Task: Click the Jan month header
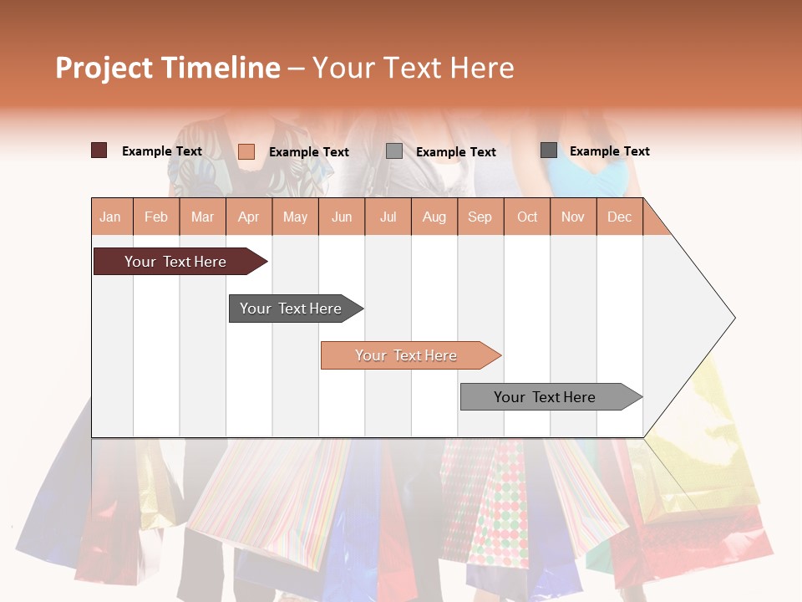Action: coord(110,217)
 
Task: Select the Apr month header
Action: coord(249,217)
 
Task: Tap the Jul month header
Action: coord(388,217)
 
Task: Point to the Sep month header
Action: coord(480,217)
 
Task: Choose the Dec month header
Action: coord(619,217)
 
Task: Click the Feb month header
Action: coord(156,217)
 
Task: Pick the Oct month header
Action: coord(527,217)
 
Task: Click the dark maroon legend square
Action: coord(99,150)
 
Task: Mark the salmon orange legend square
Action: coord(246,151)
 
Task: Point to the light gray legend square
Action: coord(393,151)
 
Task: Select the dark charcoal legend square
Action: coord(548,150)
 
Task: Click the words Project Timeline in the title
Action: coord(168,68)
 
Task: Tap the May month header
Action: coord(295,217)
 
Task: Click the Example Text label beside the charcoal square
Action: coord(609,150)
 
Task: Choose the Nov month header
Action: coord(572,217)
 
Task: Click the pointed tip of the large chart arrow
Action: coord(733,318)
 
